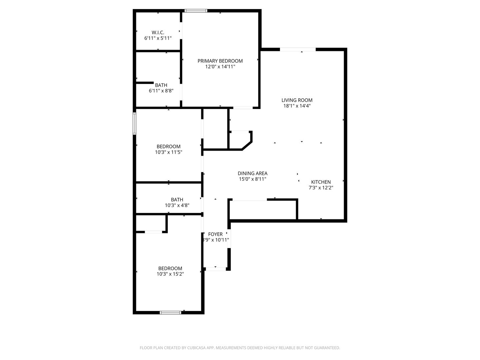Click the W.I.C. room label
(158, 32)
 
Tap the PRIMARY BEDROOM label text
(220, 61)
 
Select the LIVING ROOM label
(297, 100)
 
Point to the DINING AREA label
(252, 173)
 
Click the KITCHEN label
(321, 182)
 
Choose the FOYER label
(215, 234)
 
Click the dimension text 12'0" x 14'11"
(220, 67)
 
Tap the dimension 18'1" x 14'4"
(297, 106)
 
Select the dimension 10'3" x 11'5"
(168, 152)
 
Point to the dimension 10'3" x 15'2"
(170, 274)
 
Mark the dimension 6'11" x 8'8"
(161, 91)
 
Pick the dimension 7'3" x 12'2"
(321, 188)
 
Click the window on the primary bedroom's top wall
(196, 11)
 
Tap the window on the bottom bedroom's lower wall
(170, 312)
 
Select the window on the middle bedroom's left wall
(134, 123)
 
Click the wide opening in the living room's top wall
(298, 50)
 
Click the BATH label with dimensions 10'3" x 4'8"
(177, 200)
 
